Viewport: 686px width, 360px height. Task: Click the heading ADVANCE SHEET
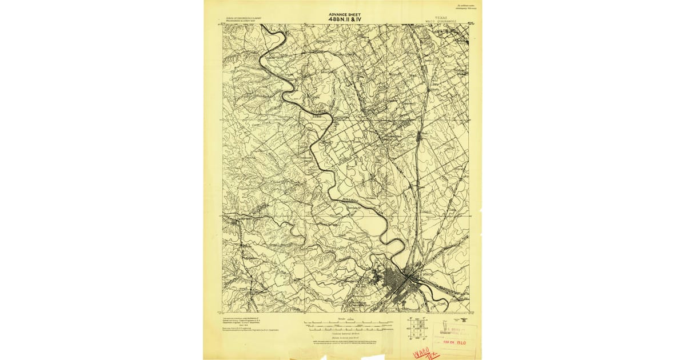tap(345, 14)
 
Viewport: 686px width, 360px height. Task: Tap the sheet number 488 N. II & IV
tap(345, 19)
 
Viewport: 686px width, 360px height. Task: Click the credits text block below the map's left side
tap(246, 323)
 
